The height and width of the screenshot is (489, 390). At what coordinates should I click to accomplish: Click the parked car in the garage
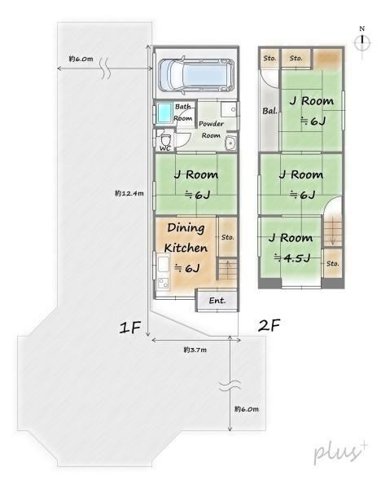[x=196, y=75]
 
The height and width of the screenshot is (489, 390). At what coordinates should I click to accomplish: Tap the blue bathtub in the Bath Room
[x=164, y=113]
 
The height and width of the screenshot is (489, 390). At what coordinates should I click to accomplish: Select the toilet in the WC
[x=166, y=139]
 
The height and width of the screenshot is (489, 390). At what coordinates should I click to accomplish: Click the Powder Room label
[x=211, y=130]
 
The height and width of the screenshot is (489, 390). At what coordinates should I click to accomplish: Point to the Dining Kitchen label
[x=186, y=238]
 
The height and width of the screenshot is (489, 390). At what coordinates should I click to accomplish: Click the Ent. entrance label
[x=217, y=301]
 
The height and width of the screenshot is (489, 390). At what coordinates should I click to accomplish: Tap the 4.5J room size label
[x=292, y=258]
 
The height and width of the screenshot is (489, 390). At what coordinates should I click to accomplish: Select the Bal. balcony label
[x=269, y=111]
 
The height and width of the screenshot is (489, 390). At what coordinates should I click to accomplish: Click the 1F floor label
[x=130, y=328]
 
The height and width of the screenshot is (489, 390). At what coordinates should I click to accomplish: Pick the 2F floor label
[x=269, y=325]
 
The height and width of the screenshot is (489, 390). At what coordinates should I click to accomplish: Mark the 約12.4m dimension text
[x=129, y=193]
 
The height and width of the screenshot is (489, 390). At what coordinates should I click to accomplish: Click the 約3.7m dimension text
[x=195, y=350]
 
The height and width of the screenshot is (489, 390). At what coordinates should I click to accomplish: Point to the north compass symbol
[x=362, y=42]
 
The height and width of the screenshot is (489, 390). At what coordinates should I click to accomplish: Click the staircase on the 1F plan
[x=227, y=269]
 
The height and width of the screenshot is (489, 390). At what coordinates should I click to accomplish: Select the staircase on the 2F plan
[x=333, y=231]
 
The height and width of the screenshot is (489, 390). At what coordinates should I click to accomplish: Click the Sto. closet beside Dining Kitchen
[x=228, y=237]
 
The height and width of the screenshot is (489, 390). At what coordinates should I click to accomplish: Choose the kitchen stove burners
[x=163, y=284]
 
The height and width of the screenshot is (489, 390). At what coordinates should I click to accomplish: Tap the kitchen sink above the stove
[x=163, y=263]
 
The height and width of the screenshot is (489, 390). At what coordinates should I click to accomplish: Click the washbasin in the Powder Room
[x=230, y=143]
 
